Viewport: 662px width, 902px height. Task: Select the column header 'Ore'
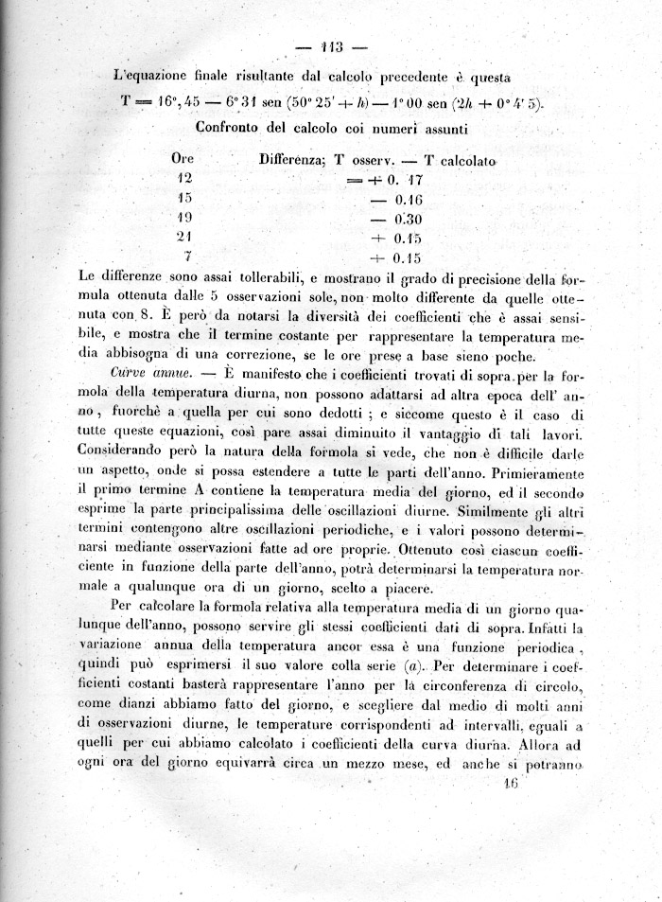(183, 160)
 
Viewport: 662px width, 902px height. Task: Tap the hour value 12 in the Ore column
(184, 177)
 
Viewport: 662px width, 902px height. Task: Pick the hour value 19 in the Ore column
(184, 217)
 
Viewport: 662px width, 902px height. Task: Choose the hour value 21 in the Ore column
(184, 237)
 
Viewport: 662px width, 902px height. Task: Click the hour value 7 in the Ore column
(189, 256)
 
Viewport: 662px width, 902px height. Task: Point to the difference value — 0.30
(394, 218)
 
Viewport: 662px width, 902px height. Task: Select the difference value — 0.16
(394, 198)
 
